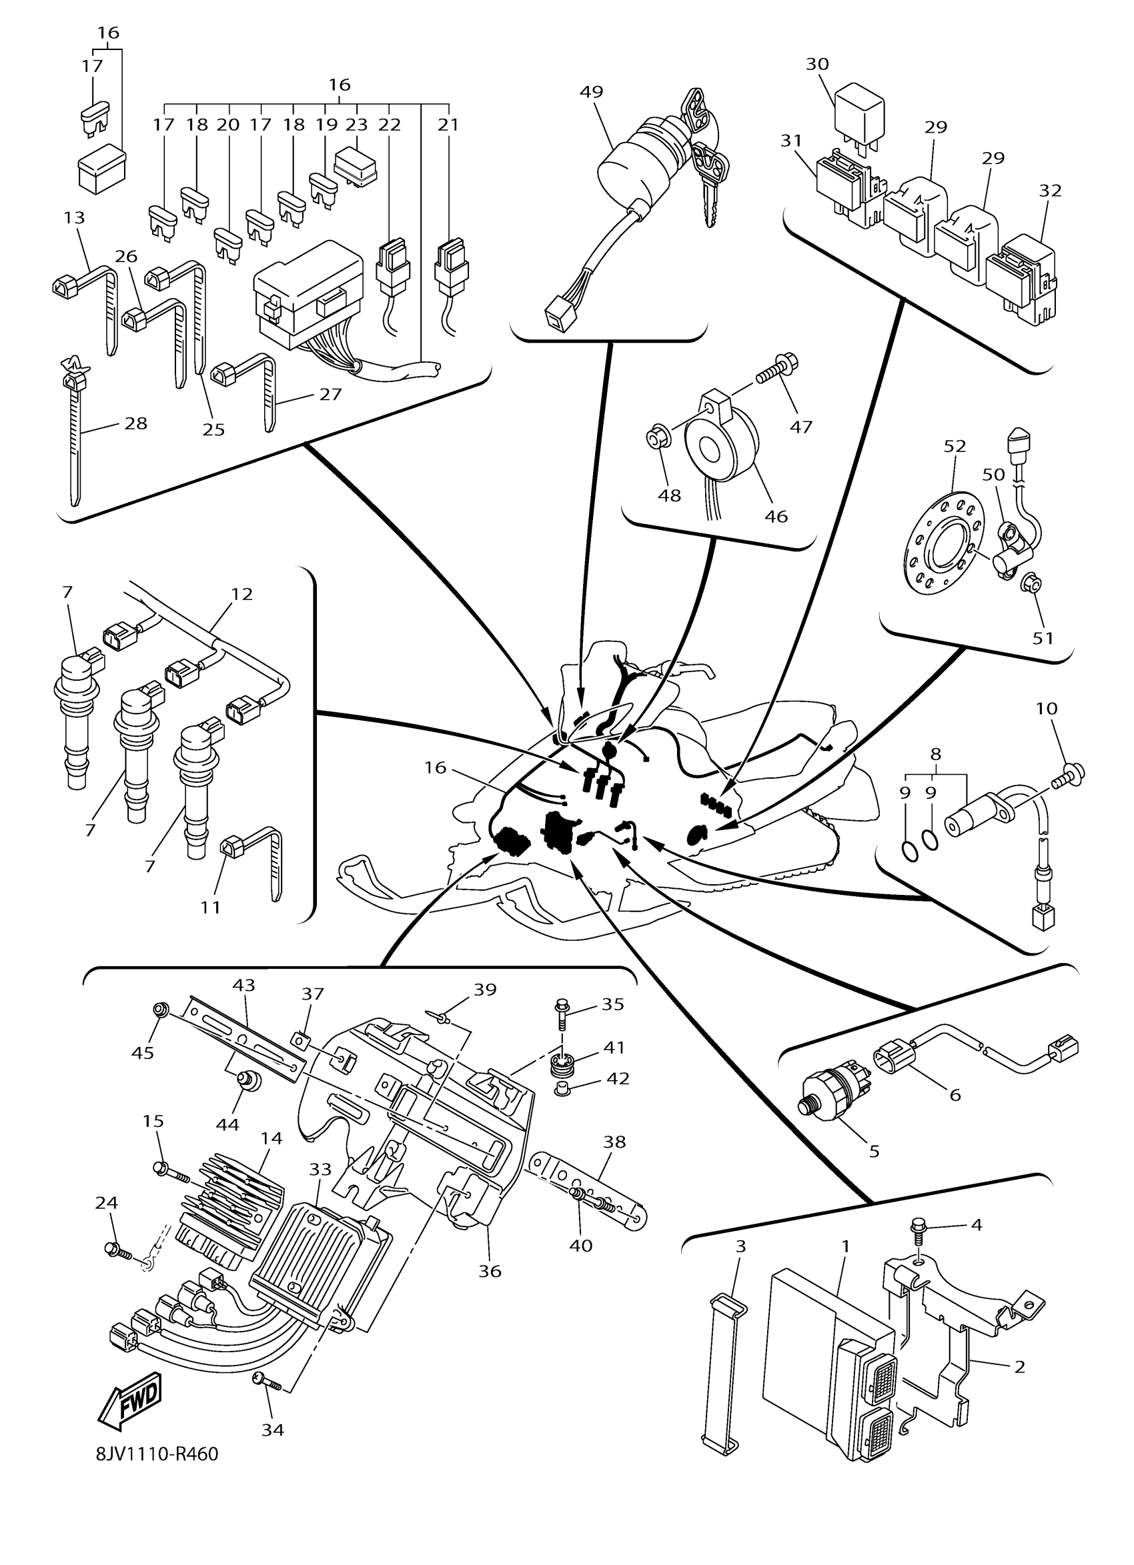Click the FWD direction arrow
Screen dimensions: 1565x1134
[x=131, y=1400]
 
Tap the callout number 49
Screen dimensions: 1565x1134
[x=592, y=92]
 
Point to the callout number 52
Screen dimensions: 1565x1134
[x=955, y=447]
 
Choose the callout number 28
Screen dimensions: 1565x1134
[x=136, y=423]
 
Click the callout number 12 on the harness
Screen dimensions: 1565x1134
[x=241, y=593]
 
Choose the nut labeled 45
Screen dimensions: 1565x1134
[x=160, y=1012]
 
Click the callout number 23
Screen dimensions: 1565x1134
[x=357, y=125]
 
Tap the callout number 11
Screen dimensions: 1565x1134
[x=211, y=907]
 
